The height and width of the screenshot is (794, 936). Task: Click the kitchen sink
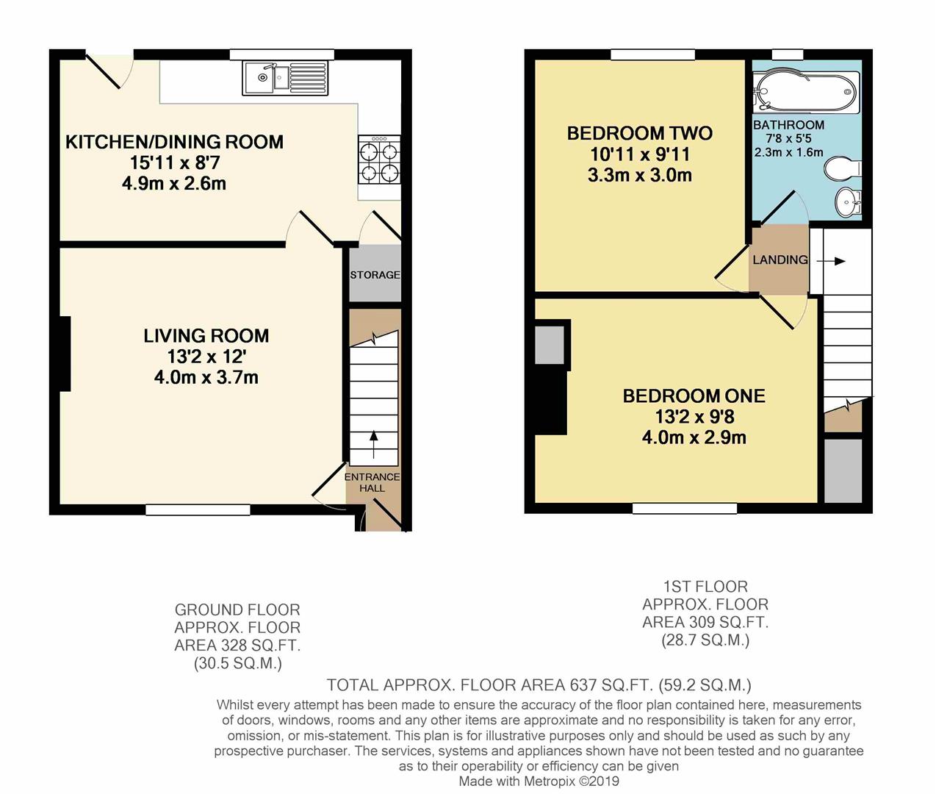(x=284, y=79)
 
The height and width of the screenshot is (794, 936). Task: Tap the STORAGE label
(x=375, y=275)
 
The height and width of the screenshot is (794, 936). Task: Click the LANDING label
(x=780, y=260)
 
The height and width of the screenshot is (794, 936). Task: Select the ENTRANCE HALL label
(x=372, y=482)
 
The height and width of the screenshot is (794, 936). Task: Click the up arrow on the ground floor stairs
(x=373, y=445)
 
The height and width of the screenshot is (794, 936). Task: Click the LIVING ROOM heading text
(x=206, y=336)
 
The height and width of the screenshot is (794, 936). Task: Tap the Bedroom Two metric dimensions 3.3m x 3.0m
(x=640, y=175)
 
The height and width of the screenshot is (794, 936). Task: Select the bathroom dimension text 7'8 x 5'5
(x=788, y=139)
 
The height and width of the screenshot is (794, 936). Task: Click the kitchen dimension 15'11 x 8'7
(x=175, y=162)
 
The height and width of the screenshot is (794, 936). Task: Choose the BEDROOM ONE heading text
(x=694, y=396)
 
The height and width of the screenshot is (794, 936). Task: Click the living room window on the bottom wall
(x=198, y=509)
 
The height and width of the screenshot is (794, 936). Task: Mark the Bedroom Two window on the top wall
(x=652, y=55)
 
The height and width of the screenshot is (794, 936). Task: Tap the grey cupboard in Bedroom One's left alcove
(x=550, y=346)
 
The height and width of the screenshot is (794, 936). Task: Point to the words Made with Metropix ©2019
(x=539, y=781)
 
